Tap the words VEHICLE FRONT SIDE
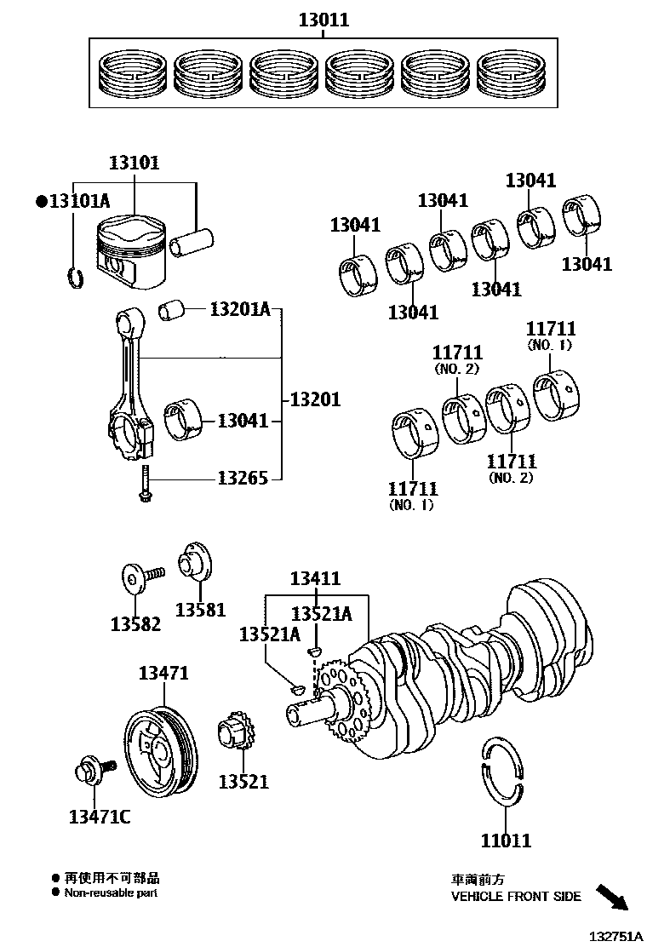pyautogui.click(x=516, y=897)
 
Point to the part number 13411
pyautogui.click(x=315, y=579)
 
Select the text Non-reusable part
pyautogui.click(x=111, y=893)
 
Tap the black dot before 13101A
pyautogui.click(x=40, y=202)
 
